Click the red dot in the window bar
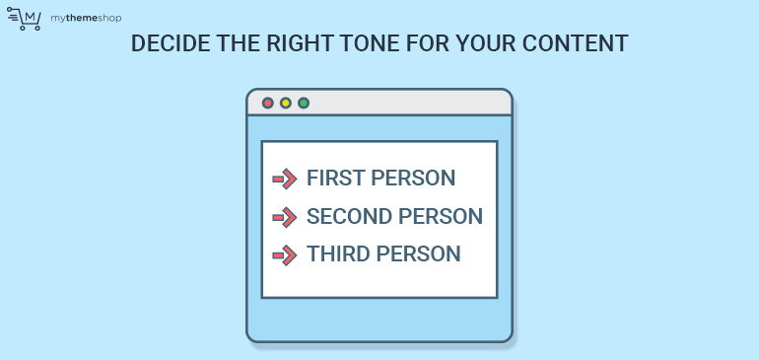[x=268, y=103]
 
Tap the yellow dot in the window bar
[x=286, y=103]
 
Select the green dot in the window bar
[x=304, y=103]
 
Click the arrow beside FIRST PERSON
[x=285, y=179]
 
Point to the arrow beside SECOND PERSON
[x=285, y=217]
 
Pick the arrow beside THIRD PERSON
[x=285, y=254]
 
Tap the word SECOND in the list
[x=350, y=217]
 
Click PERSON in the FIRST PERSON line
[x=415, y=179]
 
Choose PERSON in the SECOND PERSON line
[x=442, y=217]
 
